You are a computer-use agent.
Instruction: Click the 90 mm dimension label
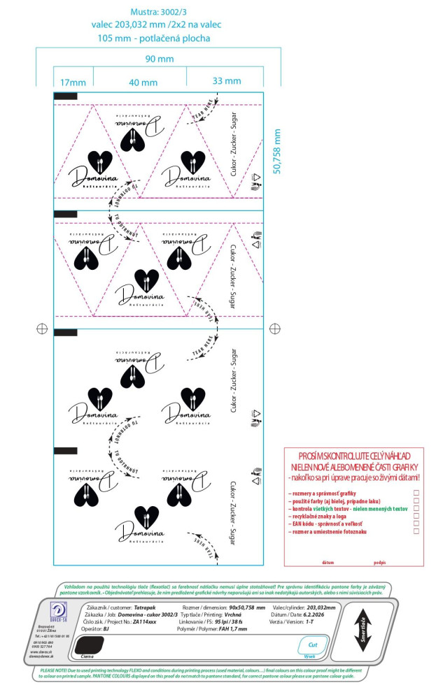point(159,59)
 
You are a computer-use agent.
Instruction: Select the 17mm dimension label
point(72,82)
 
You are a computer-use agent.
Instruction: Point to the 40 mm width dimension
point(143,82)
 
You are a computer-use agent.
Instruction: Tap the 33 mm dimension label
point(227,81)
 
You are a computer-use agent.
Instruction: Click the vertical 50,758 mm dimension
point(276,151)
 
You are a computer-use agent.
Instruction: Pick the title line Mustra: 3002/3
point(159,12)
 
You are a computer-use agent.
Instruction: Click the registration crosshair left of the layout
point(41,328)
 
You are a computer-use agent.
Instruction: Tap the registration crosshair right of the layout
point(275,328)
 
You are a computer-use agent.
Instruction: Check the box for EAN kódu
point(416,524)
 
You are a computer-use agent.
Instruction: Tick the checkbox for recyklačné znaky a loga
point(416,516)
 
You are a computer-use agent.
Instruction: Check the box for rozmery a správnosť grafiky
point(416,493)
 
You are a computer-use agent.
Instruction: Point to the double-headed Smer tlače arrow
point(363,630)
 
